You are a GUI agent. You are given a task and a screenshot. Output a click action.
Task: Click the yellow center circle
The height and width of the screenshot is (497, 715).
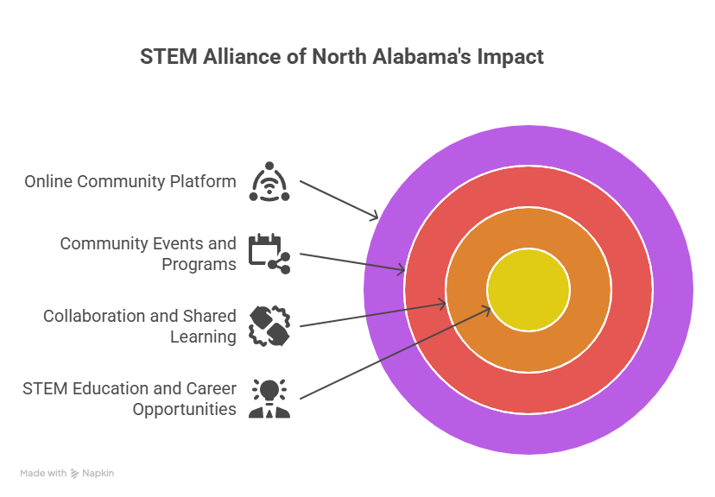[x=528, y=290]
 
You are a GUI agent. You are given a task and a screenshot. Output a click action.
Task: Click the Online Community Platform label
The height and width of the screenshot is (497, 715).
[x=130, y=182]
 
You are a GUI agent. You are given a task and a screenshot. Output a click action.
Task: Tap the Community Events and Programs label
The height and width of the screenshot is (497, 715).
[x=148, y=254]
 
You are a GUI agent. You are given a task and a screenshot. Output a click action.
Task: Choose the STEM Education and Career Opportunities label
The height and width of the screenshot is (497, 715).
[x=130, y=399]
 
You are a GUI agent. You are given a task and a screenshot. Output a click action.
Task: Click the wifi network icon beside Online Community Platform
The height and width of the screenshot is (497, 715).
[x=269, y=181]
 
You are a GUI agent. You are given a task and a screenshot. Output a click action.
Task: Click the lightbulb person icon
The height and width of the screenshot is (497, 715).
[x=269, y=399]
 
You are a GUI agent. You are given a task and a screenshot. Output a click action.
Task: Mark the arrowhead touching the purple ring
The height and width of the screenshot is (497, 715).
[x=375, y=217]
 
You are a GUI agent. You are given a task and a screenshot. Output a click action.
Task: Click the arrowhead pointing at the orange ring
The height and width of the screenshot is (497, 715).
[x=442, y=303]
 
